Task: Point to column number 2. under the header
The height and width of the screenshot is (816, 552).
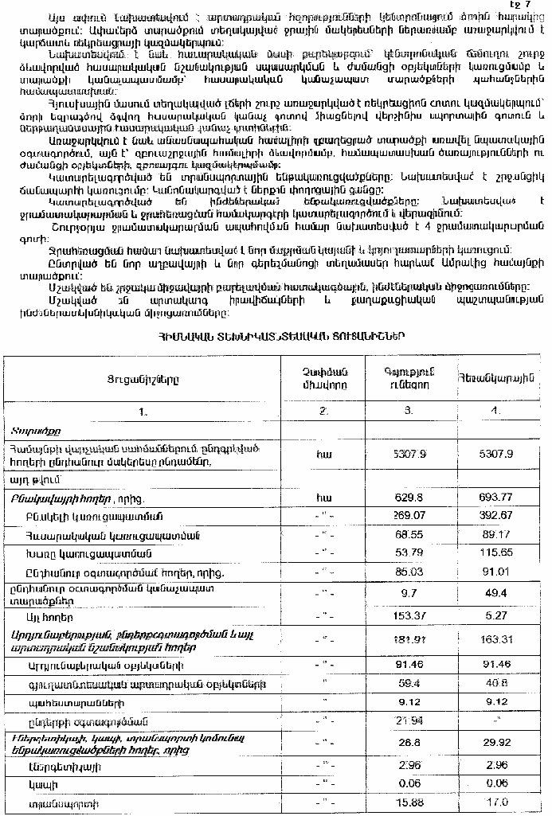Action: (324, 412)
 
